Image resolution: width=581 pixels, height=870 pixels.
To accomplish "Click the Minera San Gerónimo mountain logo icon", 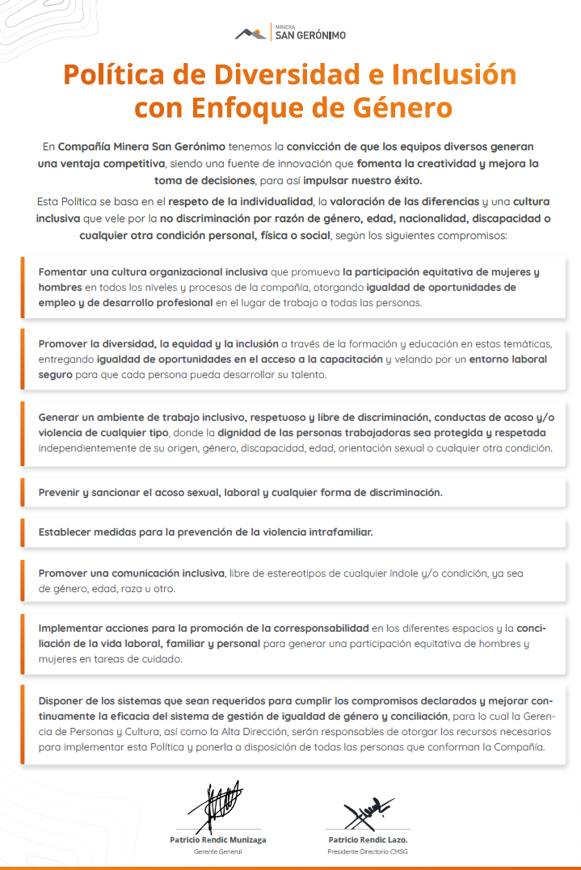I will pos(252,32).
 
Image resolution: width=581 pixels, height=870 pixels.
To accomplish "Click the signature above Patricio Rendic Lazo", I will pos(368,809).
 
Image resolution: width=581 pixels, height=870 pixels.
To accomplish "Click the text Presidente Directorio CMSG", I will pos(368,851).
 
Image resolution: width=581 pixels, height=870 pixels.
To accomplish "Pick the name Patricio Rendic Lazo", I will pos(368,839).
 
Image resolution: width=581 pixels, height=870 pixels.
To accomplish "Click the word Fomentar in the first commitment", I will pos(65,272).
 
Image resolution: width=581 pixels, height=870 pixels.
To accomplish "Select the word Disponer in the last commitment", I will pos(63,701).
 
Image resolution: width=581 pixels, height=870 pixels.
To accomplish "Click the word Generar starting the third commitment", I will pos(60,418).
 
